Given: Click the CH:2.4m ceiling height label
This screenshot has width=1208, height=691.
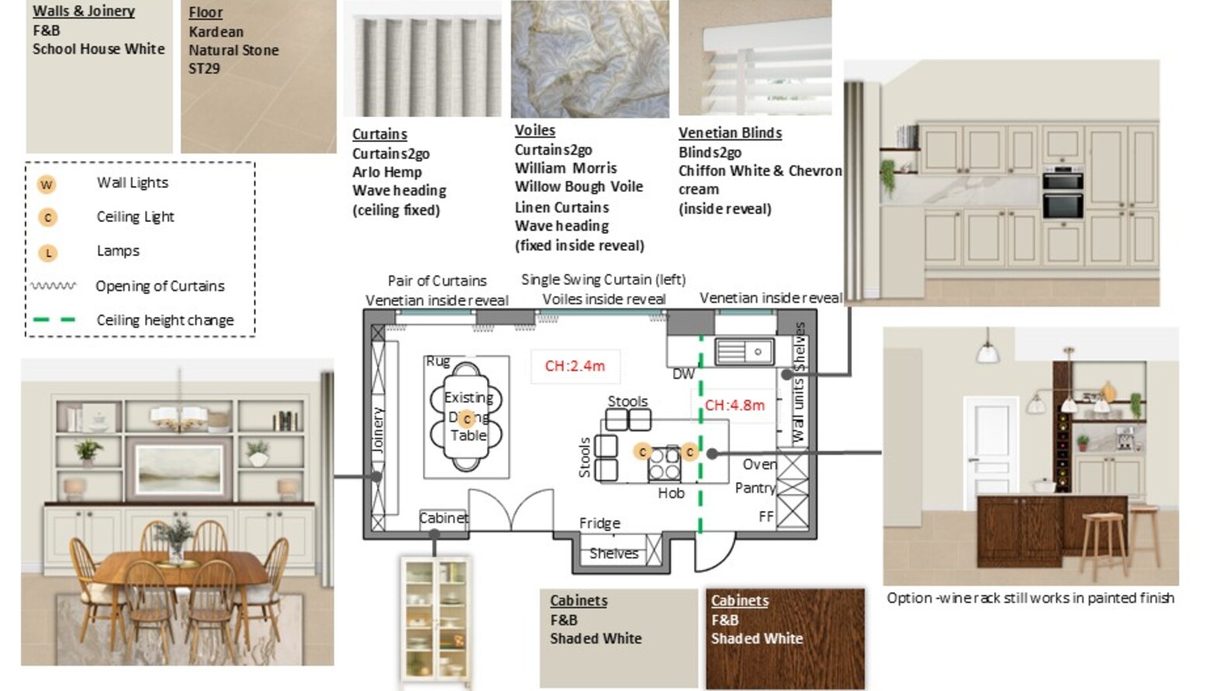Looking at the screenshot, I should (574, 366).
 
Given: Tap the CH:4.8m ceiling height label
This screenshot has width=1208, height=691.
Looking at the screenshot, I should (734, 405).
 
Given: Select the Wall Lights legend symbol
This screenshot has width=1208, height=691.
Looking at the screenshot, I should (47, 185).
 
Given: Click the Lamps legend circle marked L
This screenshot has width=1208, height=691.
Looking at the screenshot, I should (47, 252).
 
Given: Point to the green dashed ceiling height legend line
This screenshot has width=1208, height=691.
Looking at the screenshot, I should (54, 320).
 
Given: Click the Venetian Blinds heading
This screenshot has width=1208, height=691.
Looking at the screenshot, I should (730, 133).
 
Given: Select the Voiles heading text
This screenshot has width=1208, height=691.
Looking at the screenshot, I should (535, 130).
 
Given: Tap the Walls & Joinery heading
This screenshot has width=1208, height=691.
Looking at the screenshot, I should (84, 11).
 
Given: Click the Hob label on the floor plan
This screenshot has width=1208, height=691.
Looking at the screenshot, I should (671, 493).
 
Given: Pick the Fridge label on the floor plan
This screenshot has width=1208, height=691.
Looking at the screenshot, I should (599, 523).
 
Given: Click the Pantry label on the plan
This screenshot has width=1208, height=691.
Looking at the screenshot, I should (755, 488).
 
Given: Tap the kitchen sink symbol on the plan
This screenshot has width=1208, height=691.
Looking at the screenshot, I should (744, 352).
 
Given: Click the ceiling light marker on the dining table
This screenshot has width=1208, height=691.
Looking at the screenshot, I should (467, 419).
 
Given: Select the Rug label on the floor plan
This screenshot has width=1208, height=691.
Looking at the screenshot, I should (438, 361).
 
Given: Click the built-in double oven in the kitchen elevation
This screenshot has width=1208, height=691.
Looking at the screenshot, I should (1063, 193).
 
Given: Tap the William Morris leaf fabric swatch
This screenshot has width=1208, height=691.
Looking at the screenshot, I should (589, 59).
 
